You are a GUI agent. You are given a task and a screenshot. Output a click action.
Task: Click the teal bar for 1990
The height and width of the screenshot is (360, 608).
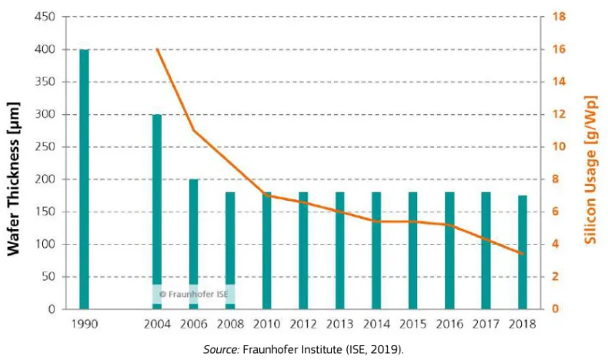pos(84,178)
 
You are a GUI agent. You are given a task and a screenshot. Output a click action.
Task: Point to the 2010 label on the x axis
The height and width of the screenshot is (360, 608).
pos(267,325)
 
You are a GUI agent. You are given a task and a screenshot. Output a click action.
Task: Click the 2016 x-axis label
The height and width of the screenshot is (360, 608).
pos(450,325)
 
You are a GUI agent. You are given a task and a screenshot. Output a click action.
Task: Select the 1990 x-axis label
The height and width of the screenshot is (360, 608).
pos(84,325)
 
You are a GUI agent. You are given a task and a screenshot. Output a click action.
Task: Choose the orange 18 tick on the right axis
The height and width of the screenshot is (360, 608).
pos(558,17)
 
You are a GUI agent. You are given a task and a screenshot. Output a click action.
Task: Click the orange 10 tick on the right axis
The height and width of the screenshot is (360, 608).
pos(558,147)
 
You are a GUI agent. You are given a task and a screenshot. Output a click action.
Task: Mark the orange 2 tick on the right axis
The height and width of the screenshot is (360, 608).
pos(556,277)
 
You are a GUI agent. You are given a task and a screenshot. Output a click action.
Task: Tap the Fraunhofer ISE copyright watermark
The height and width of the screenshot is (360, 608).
pos(192,294)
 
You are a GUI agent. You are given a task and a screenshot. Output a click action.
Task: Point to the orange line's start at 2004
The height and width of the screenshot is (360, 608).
pos(157,49)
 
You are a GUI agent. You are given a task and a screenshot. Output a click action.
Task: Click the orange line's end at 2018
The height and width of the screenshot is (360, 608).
pos(523,254)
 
